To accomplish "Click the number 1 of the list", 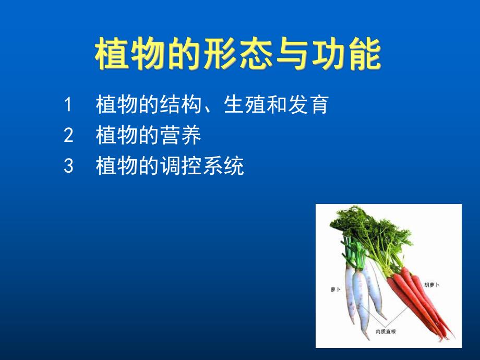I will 68,105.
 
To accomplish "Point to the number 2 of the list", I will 68,136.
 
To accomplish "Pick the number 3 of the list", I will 68,167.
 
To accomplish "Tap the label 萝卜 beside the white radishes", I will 335,289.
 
